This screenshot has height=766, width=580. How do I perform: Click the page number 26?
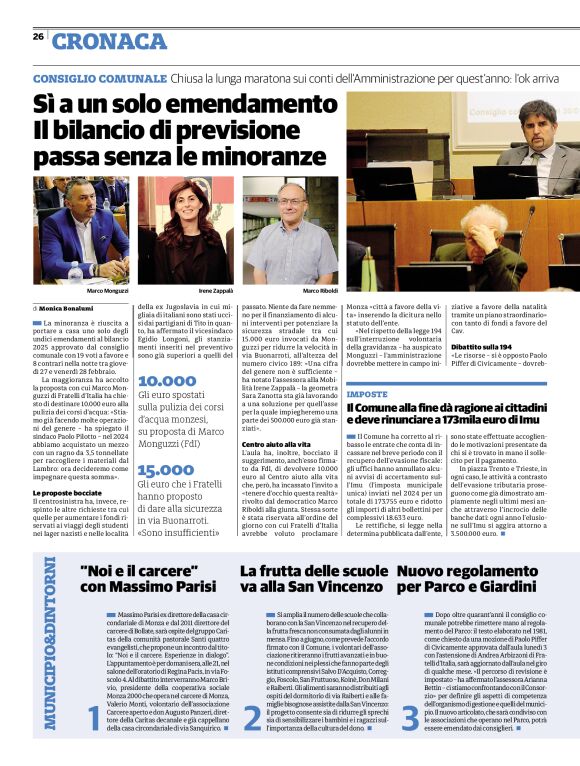(x=38, y=37)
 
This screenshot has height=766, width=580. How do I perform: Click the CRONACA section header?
(x=109, y=41)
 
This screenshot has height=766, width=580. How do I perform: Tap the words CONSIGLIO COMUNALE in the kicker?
(x=97, y=78)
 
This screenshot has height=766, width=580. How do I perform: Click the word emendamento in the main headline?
(x=231, y=103)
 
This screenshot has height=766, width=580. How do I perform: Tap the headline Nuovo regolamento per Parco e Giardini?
(x=469, y=578)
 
